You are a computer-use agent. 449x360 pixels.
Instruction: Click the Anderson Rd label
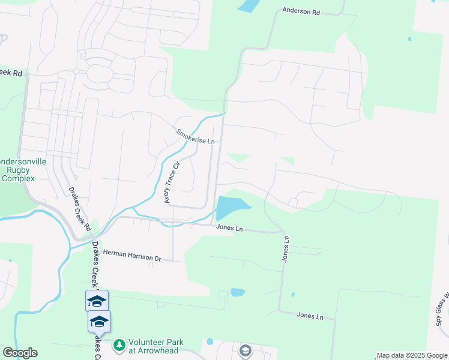[x=301, y=11]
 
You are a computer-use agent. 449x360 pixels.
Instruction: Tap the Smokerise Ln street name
[x=195, y=136]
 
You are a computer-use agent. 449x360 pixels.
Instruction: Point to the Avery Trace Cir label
[x=172, y=182]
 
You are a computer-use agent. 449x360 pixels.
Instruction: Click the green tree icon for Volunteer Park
[x=119, y=346]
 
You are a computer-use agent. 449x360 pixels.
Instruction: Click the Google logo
[x=20, y=353]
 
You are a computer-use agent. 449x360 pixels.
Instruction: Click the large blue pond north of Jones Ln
[x=231, y=207]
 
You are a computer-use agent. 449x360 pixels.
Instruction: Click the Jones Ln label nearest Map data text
[x=310, y=316]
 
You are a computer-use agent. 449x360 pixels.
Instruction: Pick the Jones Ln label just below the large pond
[x=229, y=229]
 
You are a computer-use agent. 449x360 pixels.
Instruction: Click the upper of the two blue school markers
[x=97, y=300]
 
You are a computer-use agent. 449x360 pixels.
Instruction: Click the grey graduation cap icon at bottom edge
[x=246, y=350]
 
